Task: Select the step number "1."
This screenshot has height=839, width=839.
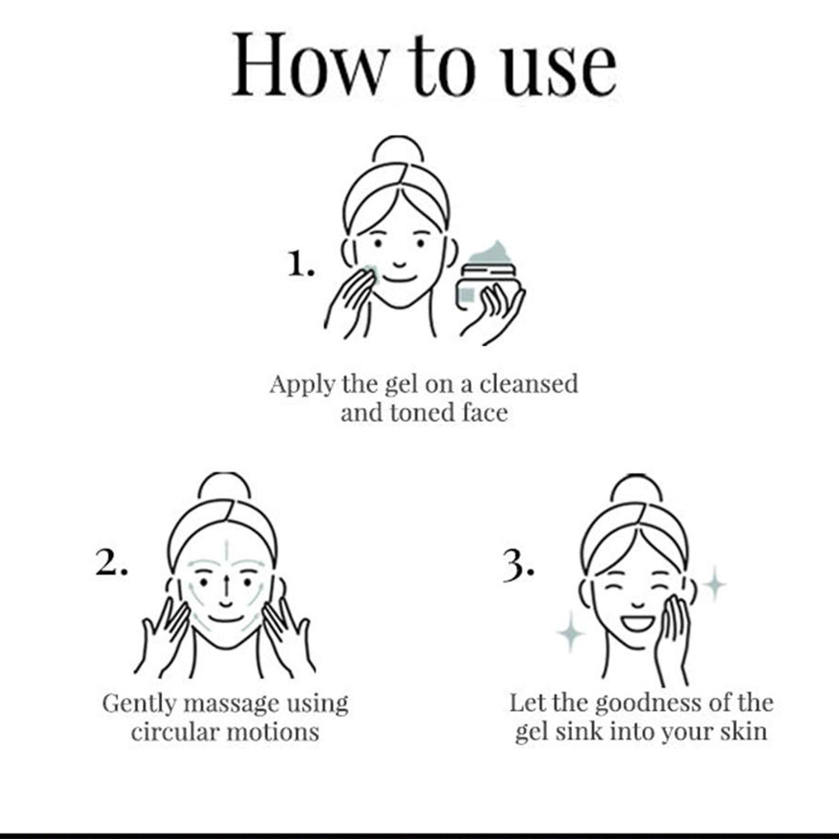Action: click(x=301, y=263)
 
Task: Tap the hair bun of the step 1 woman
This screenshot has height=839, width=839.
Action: click(x=398, y=151)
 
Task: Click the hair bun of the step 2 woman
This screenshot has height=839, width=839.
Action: click(x=224, y=487)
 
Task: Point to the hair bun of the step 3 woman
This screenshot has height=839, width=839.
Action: click(x=636, y=489)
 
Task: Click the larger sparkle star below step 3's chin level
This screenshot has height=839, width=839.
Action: click(x=571, y=632)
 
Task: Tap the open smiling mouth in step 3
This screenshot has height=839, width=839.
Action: click(x=637, y=621)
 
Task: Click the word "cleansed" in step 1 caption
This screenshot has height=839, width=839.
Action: click(x=529, y=384)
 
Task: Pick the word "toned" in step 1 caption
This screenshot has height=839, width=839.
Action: click(x=423, y=413)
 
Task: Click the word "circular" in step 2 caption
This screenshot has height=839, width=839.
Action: click(x=171, y=732)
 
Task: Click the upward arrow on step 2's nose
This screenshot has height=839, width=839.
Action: click(x=225, y=585)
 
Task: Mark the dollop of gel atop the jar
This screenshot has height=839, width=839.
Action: click(x=493, y=254)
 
